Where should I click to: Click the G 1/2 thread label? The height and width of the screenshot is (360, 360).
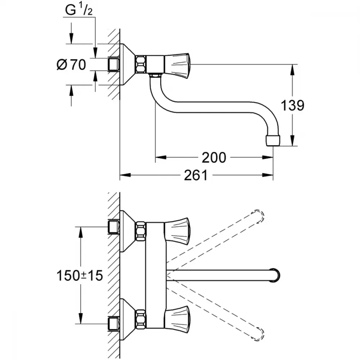pos(79,10)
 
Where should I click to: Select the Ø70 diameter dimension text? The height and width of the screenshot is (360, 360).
pos(71,64)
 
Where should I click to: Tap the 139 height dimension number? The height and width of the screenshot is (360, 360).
pos(292,105)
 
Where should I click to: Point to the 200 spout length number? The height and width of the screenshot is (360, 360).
pos(214,158)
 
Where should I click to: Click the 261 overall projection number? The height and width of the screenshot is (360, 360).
pos(196,175)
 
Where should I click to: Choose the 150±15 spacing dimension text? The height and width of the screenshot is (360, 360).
pos(80,275)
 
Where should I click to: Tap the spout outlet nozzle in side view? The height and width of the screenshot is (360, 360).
pos(273,140)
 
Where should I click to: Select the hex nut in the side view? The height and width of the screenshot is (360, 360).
pos(141,64)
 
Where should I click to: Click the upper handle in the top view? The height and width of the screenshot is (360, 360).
pos(177,231)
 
